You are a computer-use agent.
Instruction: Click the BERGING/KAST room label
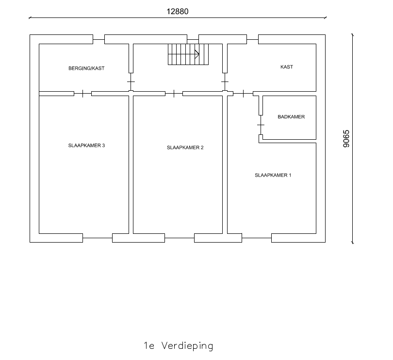click(x=86, y=68)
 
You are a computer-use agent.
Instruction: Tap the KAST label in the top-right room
click(x=287, y=66)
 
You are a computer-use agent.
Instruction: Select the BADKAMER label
click(x=291, y=116)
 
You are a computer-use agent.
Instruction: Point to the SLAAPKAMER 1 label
click(x=273, y=175)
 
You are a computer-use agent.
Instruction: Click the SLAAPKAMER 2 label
click(x=185, y=147)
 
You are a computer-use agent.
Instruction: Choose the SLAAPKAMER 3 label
click(x=86, y=146)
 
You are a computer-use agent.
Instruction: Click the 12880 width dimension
click(x=178, y=12)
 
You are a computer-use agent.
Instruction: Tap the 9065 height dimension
click(x=346, y=139)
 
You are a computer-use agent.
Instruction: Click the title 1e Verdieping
click(x=179, y=345)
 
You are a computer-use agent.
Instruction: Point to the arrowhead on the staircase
click(x=197, y=54)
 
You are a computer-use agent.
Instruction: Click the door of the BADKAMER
click(x=261, y=125)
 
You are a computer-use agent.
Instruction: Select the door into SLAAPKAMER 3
click(x=82, y=94)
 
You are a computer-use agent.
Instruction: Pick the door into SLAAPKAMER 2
click(x=174, y=94)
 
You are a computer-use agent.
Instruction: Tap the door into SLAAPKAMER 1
click(x=243, y=94)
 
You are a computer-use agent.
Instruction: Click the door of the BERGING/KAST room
click(x=131, y=82)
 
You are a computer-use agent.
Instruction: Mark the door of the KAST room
click(x=225, y=82)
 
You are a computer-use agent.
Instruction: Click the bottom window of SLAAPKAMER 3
click(x=98, y=238)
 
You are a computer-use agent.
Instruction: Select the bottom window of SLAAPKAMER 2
click(x=180, y=238)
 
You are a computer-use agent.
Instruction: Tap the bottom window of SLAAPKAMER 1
click(x=257, y=238)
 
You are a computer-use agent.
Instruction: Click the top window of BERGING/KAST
click(x=99, y=39)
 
